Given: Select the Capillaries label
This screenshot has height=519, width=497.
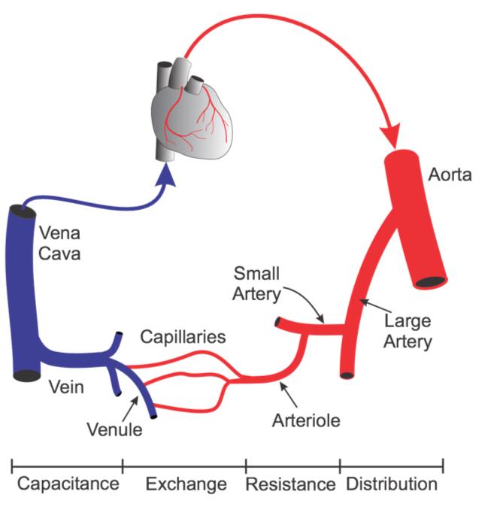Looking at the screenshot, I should pos(183,335).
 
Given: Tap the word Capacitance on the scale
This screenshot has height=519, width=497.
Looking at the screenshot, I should pos(68,483).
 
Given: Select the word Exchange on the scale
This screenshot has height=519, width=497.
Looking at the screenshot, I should pos(186,483).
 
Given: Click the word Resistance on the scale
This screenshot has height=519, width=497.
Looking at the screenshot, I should pos(291,483).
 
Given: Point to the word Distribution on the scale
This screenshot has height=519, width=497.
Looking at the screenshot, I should pos(391,483).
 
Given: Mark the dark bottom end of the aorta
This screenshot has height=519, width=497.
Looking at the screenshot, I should pos(429,283).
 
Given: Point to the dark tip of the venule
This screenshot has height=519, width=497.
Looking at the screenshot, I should pos(153,413).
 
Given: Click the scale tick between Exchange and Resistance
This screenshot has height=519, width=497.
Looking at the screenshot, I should pos(246,465).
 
